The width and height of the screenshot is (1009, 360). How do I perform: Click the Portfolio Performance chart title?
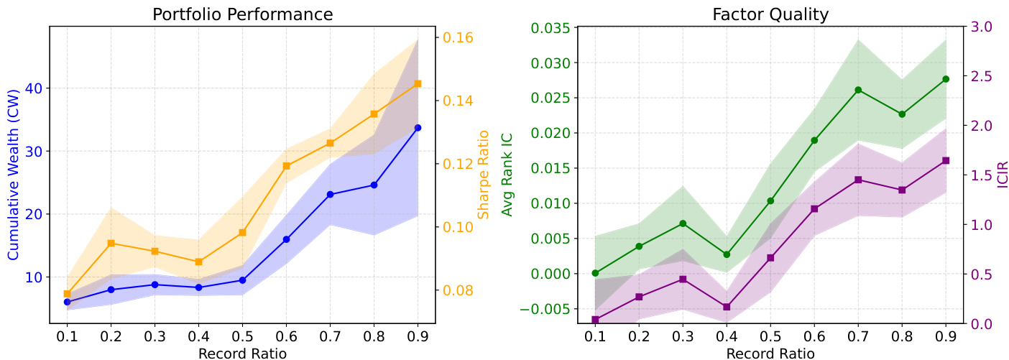click(242, 14)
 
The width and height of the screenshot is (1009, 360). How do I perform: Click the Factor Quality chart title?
click(770, 14)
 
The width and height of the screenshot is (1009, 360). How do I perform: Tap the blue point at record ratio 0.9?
click(418, 127)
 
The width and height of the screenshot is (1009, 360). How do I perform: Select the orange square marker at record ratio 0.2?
click(111, 244)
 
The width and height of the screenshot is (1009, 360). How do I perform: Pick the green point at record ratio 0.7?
click(858, 90)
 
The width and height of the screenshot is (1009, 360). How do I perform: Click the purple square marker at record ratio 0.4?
click(727, 307)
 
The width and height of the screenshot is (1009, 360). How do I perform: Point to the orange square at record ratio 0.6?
click(286, 166)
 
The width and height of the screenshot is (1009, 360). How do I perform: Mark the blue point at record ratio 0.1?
click(67, 302)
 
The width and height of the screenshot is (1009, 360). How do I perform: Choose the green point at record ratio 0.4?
click(727, 254)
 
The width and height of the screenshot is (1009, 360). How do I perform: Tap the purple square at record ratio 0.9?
click(946, 160)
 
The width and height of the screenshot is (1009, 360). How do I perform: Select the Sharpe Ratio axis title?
click(483, 174)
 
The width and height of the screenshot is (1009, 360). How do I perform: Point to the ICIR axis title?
click(1003, 175)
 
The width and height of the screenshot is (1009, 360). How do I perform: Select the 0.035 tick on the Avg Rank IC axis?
click(549, 29)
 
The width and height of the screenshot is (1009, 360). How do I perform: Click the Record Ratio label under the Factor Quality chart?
click(770, 353)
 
